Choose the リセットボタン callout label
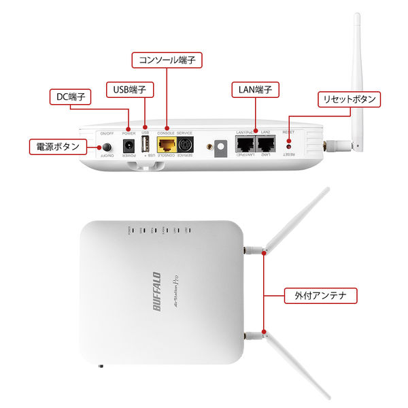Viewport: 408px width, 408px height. [349, 99]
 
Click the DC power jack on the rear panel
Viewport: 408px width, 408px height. [126, 145]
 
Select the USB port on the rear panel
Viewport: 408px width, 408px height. [144, 145]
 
